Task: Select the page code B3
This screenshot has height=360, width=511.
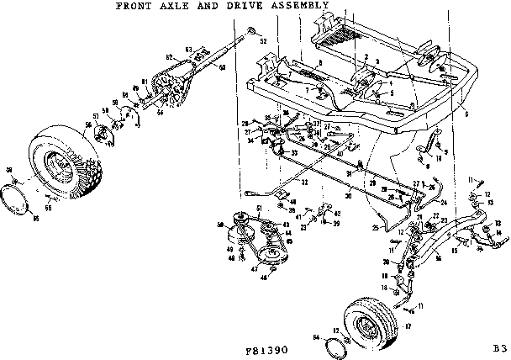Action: (499, 347)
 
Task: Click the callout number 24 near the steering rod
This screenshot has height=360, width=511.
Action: (440, 203)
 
